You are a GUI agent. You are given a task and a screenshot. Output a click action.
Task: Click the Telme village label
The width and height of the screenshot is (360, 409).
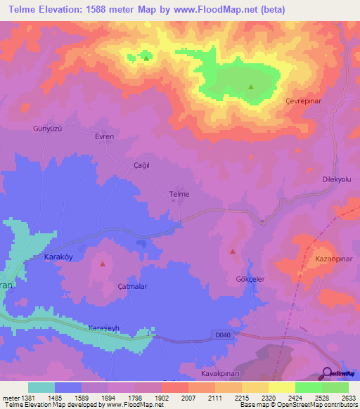(x=179, y=194)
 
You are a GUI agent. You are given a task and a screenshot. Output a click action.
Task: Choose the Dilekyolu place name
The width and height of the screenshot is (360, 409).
(x=336, y=180)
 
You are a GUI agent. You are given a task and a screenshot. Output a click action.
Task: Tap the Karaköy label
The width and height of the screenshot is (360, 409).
(x=58, y=257)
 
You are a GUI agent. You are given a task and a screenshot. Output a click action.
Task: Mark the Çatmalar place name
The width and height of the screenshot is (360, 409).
(x=131, y=287)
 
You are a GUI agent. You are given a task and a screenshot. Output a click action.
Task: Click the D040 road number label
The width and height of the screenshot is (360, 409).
(x=222, y=337)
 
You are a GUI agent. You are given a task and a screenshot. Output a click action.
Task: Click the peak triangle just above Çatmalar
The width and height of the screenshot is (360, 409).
(x=103, y=264)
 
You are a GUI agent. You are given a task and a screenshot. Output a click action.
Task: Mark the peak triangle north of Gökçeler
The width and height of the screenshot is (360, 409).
(x=233, y=251)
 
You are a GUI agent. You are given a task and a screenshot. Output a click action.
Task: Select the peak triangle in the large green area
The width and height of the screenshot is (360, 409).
(x=250, y=87)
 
